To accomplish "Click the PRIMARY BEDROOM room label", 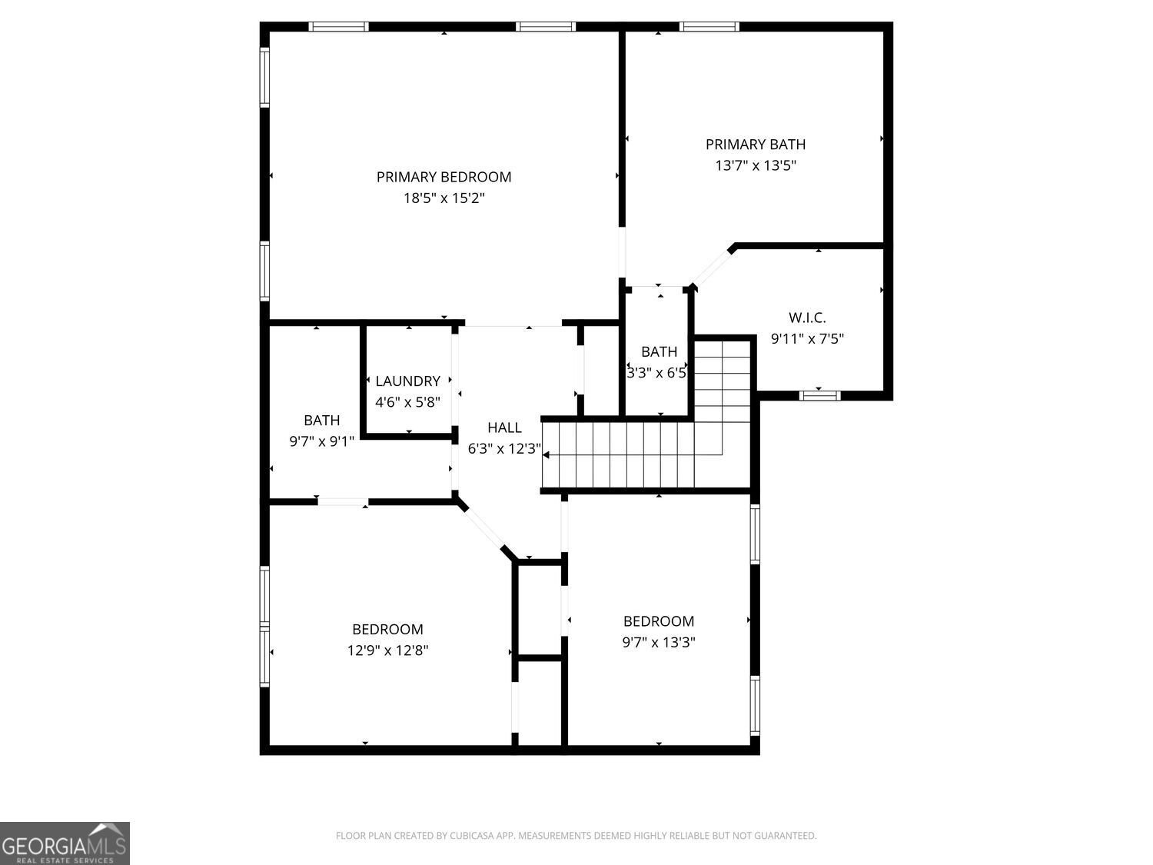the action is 444,177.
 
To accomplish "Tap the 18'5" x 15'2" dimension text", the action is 444,198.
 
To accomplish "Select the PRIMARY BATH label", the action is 756,145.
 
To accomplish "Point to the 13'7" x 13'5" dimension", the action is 756,165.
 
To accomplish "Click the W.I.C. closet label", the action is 807,318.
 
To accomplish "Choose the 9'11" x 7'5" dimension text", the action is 807,339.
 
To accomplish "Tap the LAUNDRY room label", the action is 407,381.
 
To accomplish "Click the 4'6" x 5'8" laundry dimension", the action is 407,402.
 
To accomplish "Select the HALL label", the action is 504,428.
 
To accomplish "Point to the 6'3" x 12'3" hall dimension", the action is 504,448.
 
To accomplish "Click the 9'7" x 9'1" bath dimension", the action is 322,441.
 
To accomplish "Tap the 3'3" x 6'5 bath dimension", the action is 656,373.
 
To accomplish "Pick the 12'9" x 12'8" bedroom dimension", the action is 387,650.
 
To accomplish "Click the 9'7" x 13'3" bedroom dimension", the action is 659,642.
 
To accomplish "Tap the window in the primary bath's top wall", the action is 709,27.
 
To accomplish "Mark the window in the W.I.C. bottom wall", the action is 819,395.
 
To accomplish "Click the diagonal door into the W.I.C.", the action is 713,268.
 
